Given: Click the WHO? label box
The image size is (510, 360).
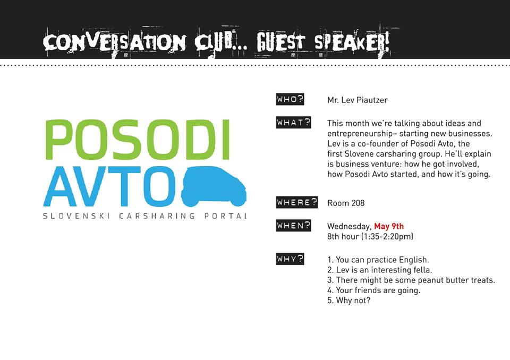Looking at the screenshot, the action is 290,99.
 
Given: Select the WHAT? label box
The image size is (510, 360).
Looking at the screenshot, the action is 293,123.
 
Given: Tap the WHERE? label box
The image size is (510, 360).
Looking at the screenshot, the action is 297,202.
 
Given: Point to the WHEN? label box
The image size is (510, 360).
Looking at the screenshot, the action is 293,225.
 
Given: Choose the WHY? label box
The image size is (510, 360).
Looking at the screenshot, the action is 290,259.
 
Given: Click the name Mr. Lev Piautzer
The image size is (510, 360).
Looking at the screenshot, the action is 358,100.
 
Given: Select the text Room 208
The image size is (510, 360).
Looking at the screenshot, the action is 346,203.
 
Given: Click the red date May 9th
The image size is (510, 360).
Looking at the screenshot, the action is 389,226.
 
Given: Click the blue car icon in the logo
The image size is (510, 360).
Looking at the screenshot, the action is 214,187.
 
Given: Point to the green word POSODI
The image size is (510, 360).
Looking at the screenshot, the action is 138,140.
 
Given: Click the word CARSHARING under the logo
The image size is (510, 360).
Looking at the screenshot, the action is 157,216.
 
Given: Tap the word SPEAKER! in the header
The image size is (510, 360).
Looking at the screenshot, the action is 352,42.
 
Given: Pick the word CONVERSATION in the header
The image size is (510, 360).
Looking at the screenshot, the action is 114,42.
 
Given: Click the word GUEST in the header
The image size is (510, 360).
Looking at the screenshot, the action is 280,42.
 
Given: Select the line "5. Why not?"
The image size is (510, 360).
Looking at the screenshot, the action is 348,300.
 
